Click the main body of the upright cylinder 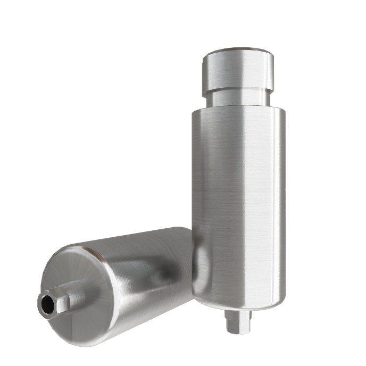tap(238, 202)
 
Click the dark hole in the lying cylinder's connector tap(47, 304)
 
